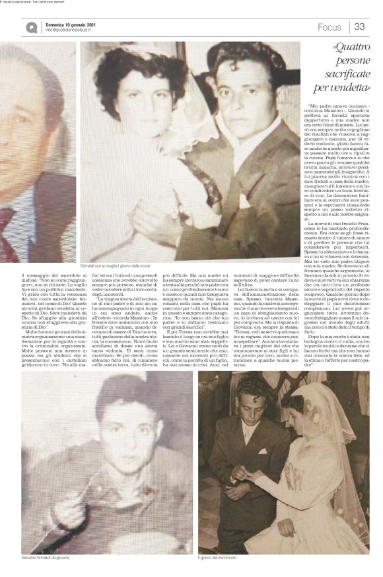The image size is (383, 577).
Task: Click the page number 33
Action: coord(360,26)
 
